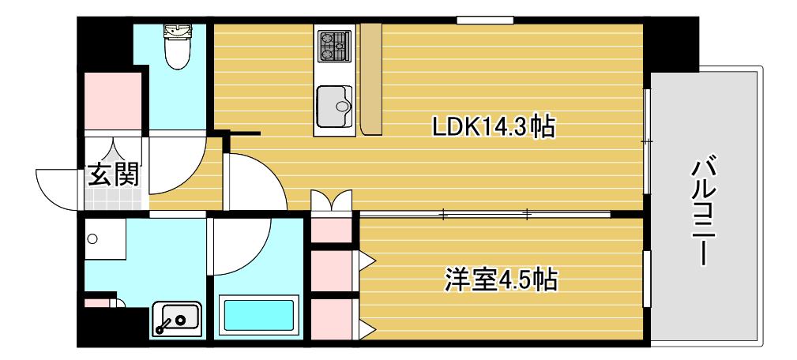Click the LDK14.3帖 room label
493,126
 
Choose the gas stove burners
334,46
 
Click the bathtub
259,316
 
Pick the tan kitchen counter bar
371,79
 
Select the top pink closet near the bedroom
331,230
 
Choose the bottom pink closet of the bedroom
331,319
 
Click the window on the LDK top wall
484,21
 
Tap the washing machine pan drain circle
92,238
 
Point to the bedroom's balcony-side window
647,279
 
